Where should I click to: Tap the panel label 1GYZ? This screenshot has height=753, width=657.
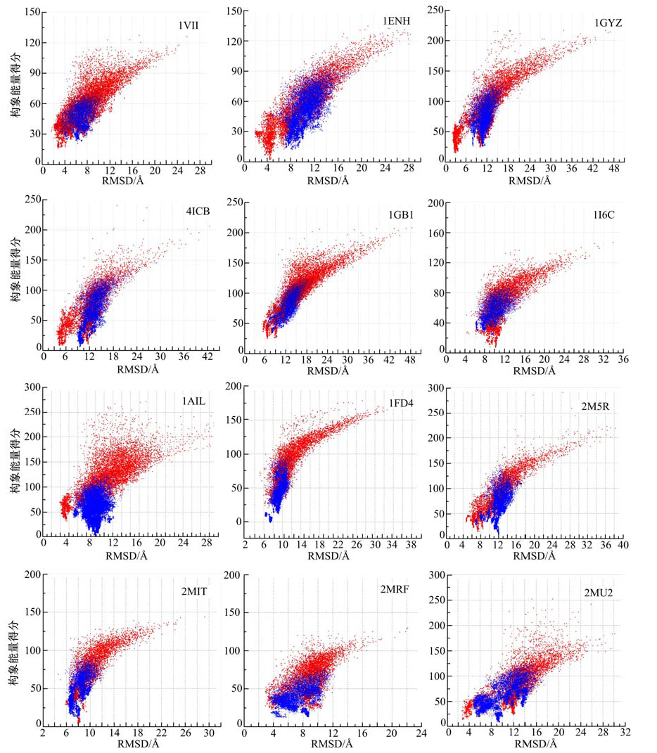click(x=608, y=23)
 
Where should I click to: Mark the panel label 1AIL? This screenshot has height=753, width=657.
click(x=195, y=401)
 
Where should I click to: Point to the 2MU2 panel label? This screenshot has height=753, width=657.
click(x=599, y=593)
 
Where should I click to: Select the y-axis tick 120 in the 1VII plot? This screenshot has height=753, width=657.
click(x=32, y=42)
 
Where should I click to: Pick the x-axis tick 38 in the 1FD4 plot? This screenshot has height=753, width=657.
click(x=412, y=546)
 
